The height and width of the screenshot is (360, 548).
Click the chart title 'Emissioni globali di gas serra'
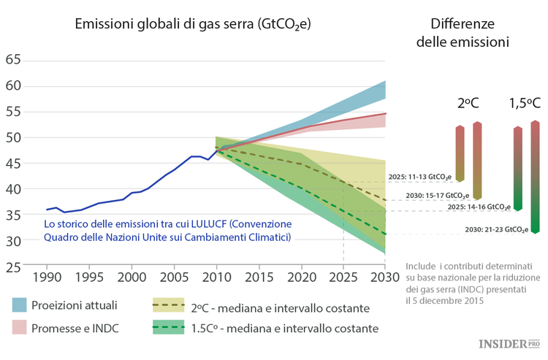[x=193, y=24]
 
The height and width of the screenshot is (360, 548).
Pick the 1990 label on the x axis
[x=47, y=278]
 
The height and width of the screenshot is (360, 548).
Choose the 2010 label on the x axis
[x=216, y=278]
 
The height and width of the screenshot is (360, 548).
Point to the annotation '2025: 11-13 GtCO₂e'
[x=419, y=176]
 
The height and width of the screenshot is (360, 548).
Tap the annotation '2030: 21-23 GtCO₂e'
[x=497, y=229]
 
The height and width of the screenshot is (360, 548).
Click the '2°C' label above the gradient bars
[x=468, y=103]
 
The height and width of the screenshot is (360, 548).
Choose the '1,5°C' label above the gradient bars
[x=525, y=103]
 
